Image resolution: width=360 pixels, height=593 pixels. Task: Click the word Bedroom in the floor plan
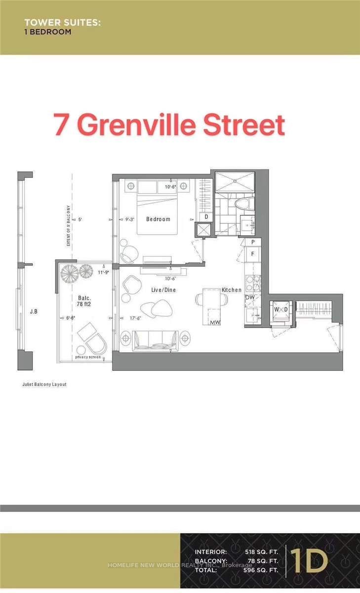click(x=158, y=219)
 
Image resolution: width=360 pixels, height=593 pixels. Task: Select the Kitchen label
click(x=231, y=290)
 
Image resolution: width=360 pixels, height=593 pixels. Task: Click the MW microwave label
click(x=215, y=322)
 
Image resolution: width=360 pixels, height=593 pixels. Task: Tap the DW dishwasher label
click(x=250, y=297)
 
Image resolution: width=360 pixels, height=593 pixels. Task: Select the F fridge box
click(x=252, y=254)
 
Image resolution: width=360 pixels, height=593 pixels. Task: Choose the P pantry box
click(x=252, y=242)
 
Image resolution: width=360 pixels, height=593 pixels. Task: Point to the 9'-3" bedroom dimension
click(x=131, y=219)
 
